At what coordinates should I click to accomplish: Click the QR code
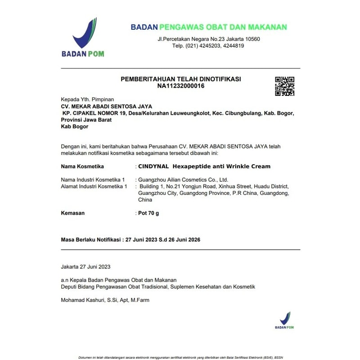pos(284,86)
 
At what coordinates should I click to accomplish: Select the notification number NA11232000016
pos(181,85)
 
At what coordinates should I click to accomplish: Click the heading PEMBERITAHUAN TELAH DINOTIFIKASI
pos(181,79)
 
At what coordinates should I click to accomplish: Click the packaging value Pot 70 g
pos(148,213)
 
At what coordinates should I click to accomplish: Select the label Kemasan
pos(72,213)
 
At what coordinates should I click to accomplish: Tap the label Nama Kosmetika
pos(82,166)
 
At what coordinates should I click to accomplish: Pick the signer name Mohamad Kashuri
pos(82,300)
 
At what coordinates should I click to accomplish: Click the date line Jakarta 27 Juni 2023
pos(85,266)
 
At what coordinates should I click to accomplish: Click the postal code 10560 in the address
pos(252,39)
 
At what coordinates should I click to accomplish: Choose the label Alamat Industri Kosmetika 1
pos(94,186)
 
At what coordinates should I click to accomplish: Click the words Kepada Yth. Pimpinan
pos(87,99)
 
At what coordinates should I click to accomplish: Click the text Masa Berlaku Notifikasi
pos(90,240)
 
